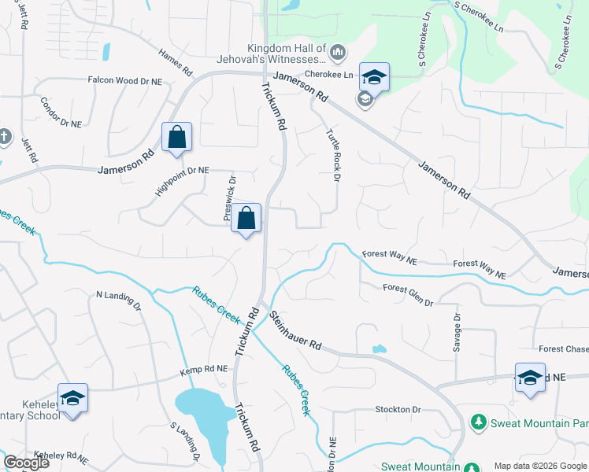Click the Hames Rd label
175,62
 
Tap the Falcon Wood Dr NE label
124,79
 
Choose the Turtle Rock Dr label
332,155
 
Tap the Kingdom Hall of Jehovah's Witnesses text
270,53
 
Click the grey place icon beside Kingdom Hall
338,53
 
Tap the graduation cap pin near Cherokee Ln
374,76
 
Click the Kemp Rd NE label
203,368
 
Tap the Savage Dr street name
457,334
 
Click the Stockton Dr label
398,410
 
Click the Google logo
26,463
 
